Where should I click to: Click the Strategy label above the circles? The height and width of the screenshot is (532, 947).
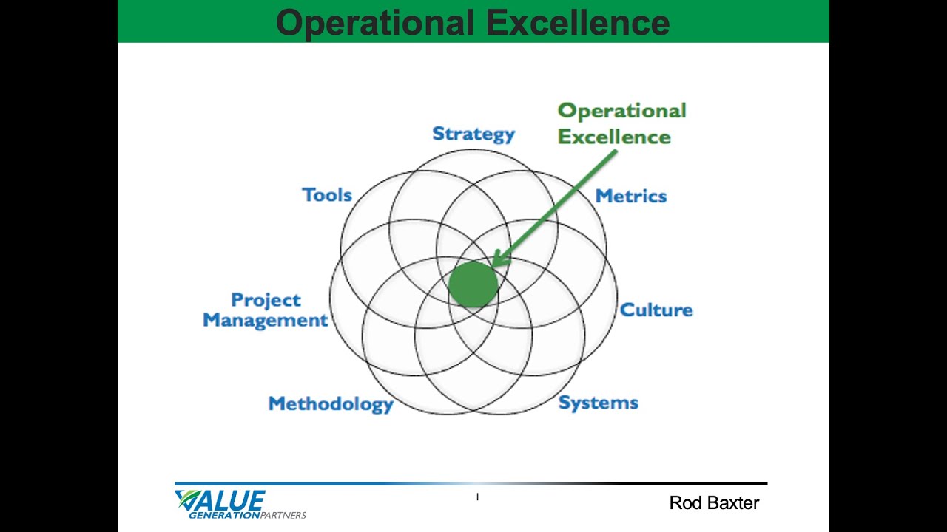point(473,134)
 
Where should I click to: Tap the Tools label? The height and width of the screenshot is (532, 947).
point(326,195)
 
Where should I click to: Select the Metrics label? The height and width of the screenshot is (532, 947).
point(630,196)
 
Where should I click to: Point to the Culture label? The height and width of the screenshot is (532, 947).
point(656,310)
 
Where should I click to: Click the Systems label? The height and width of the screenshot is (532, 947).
point(598,403)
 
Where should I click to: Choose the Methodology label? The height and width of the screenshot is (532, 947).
point(330,404)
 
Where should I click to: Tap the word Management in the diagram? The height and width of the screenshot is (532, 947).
point(265,320)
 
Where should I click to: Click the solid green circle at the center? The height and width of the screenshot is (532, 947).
point(473,284)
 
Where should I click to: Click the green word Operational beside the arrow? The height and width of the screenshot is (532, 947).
point(621,111)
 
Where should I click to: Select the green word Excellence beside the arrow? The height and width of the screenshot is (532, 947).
point(614,137)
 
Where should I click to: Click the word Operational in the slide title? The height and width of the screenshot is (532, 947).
point(374,22)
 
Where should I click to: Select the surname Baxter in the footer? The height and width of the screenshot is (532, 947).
point(730,503)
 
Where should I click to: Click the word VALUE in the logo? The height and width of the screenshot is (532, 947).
point(222,500)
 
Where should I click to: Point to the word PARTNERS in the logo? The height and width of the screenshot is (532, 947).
point(283,515)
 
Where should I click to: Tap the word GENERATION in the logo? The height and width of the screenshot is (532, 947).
point(224,515)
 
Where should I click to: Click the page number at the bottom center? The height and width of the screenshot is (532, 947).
point(477,497)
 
